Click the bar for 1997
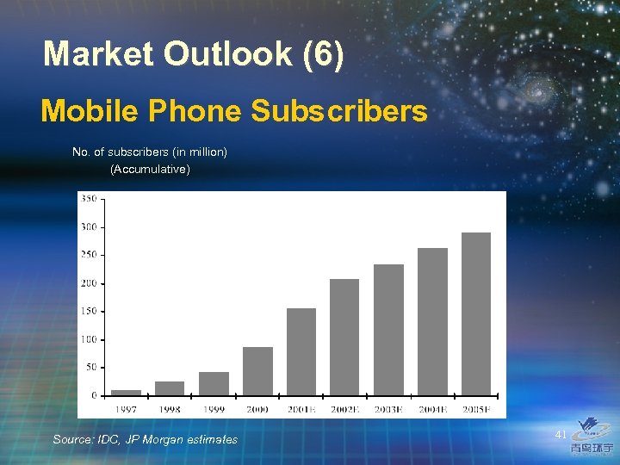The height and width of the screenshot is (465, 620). pos(127,393)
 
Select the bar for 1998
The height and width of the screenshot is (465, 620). pos(170,388)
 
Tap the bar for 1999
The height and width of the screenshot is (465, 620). pos(214,384)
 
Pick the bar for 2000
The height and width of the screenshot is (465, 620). pos(257,371)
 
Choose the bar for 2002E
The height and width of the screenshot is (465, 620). pos(344,337)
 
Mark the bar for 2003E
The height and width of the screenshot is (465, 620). pos(388,330)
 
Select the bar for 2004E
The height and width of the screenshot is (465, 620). pos(432,321)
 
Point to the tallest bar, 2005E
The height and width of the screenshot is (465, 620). pos(476,313)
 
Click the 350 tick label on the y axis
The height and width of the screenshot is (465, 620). pos(88,199)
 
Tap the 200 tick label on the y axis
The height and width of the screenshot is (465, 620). pos(88,283)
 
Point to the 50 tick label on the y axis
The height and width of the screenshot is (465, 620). pos(90,368)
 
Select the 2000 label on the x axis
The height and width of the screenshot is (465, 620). pos(257,410)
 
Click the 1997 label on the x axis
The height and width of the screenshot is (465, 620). pos(126,410)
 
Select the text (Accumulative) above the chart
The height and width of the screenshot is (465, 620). pos(150,169)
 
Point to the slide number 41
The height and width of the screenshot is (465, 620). pos(561,435)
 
